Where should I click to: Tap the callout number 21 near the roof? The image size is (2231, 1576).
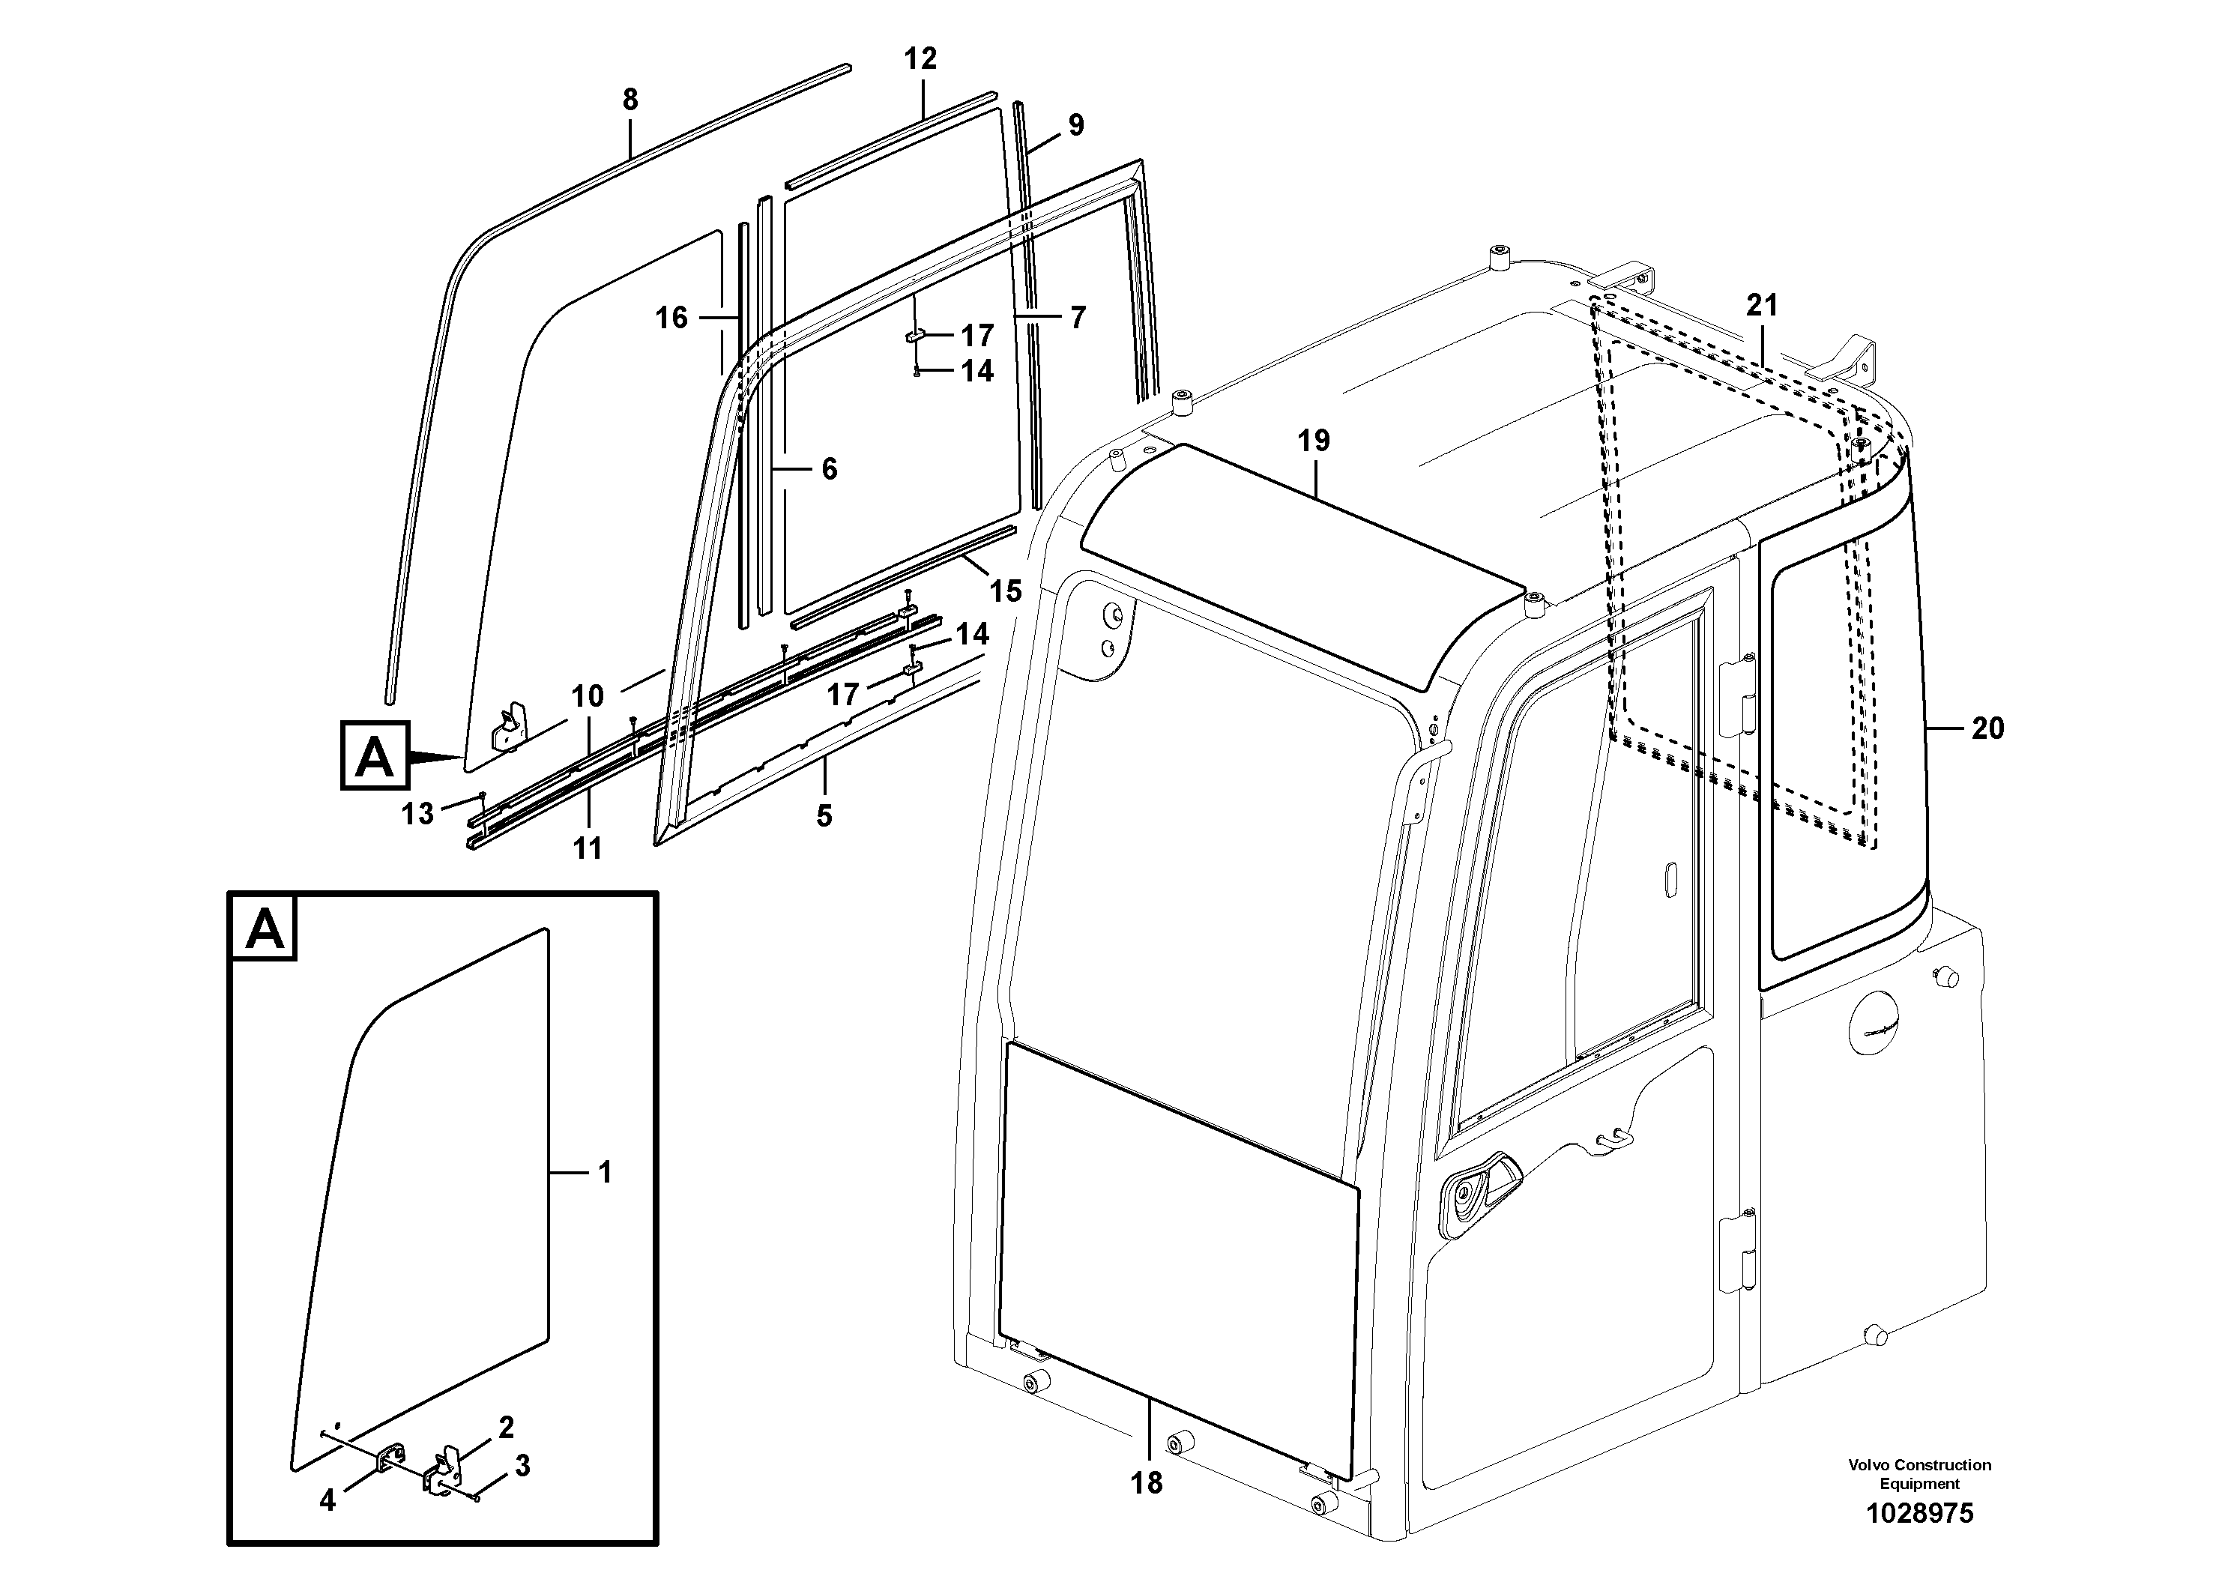1762,306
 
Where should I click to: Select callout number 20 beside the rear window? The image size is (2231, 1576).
1987,728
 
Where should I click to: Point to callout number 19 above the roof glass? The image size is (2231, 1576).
1314,441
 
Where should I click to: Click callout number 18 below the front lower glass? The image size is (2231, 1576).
1147,1483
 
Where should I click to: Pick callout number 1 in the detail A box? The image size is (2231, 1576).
604,1173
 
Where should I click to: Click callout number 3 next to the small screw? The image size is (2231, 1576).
522,1466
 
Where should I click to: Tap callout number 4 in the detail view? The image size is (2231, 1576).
327,1501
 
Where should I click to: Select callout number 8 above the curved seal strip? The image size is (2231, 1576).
630,100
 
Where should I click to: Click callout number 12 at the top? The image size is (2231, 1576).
920,59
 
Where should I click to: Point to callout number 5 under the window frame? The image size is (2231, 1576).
824,815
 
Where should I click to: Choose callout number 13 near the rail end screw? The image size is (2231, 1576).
418,813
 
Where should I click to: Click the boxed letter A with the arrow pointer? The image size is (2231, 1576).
375,755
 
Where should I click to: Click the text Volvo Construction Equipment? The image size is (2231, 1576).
1919,1473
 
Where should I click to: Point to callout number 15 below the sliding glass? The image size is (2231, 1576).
1006,591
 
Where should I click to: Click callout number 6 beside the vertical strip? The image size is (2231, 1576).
829,469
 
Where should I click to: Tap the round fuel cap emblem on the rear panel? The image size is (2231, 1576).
1880,1033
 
